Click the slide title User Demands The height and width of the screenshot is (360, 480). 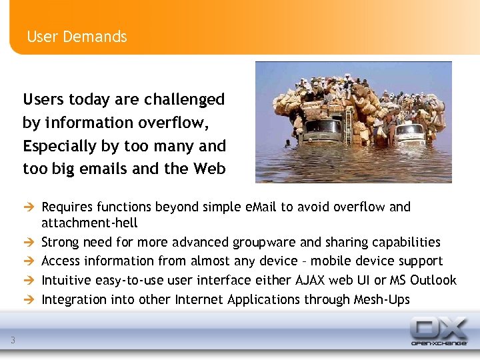[77, 37]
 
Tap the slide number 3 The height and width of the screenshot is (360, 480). [13, 341]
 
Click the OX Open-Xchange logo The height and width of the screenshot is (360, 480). [438, 331]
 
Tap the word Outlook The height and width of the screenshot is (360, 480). [433, 280]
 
